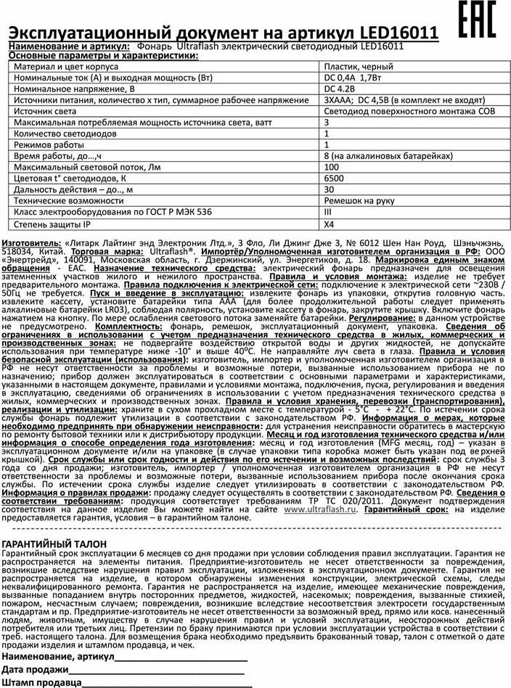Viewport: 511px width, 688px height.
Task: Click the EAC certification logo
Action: click(x=478, y=20)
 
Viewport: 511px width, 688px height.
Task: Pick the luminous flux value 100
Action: click(x=331, y=168)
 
